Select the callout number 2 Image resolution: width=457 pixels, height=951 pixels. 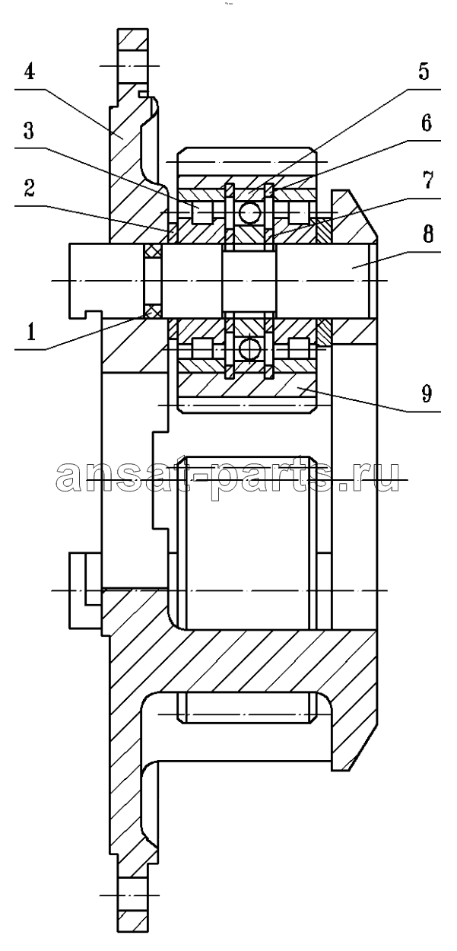(30, 187)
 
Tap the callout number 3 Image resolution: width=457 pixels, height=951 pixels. (29, 131)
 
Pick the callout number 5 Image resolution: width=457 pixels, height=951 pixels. (424, 71)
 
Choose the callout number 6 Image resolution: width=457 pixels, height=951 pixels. (426, 122)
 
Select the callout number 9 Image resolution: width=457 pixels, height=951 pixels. (427, 393)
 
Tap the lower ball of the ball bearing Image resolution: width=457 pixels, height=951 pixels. (249, 349)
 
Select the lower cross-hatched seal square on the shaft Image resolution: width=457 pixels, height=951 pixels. (152, 312)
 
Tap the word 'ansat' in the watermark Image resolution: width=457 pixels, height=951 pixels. (125, 475)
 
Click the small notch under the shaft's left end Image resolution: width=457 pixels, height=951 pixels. (94, 314)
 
